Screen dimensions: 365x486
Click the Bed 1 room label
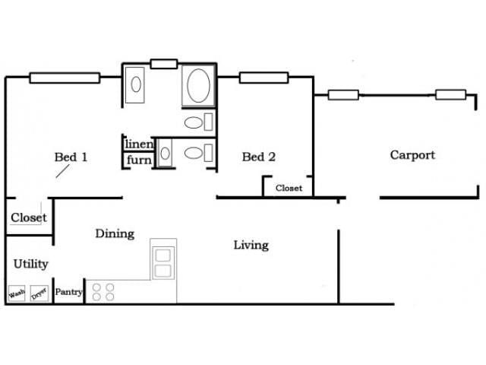71,157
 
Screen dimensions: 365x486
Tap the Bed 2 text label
258,157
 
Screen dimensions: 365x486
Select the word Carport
412,155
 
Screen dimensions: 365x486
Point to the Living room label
251,245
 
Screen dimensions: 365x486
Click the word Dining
115,233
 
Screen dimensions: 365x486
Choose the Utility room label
31,264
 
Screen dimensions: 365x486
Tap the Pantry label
69,291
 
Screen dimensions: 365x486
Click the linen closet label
140,144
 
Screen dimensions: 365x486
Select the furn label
139,160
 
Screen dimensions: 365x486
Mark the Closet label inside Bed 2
289,188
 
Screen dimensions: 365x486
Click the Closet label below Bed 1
29,217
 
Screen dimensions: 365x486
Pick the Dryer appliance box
39,293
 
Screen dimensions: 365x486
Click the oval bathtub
199,86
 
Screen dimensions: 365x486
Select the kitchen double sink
163,263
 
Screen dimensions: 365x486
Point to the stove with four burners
103,292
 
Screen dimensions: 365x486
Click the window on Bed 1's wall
65,77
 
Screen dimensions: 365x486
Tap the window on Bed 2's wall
264,77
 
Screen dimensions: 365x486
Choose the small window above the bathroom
163,64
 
